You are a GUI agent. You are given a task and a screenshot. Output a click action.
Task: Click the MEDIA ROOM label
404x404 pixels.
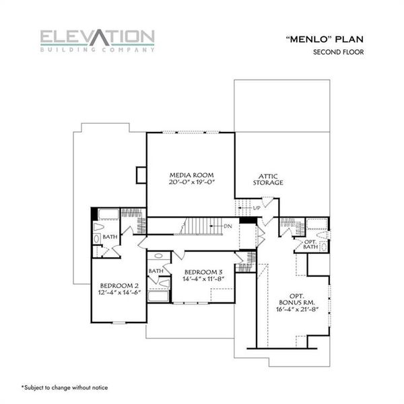(x=191, y=174)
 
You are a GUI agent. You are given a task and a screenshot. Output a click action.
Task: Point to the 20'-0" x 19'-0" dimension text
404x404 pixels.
(x=191, y=182)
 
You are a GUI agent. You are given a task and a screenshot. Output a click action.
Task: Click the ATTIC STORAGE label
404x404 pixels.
(x=267, y=178)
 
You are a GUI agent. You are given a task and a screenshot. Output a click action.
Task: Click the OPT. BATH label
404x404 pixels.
(x=310, y=244)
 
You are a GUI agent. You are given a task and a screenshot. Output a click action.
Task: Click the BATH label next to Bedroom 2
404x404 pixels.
(x=110, y=237)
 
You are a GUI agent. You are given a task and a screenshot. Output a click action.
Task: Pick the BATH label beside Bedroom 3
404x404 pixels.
(x=156, y=271)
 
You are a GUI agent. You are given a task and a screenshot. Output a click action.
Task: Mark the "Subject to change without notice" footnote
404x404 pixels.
(x=64, y=387)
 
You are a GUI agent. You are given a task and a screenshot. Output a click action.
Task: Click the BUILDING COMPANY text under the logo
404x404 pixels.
(x=97, y=49)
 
